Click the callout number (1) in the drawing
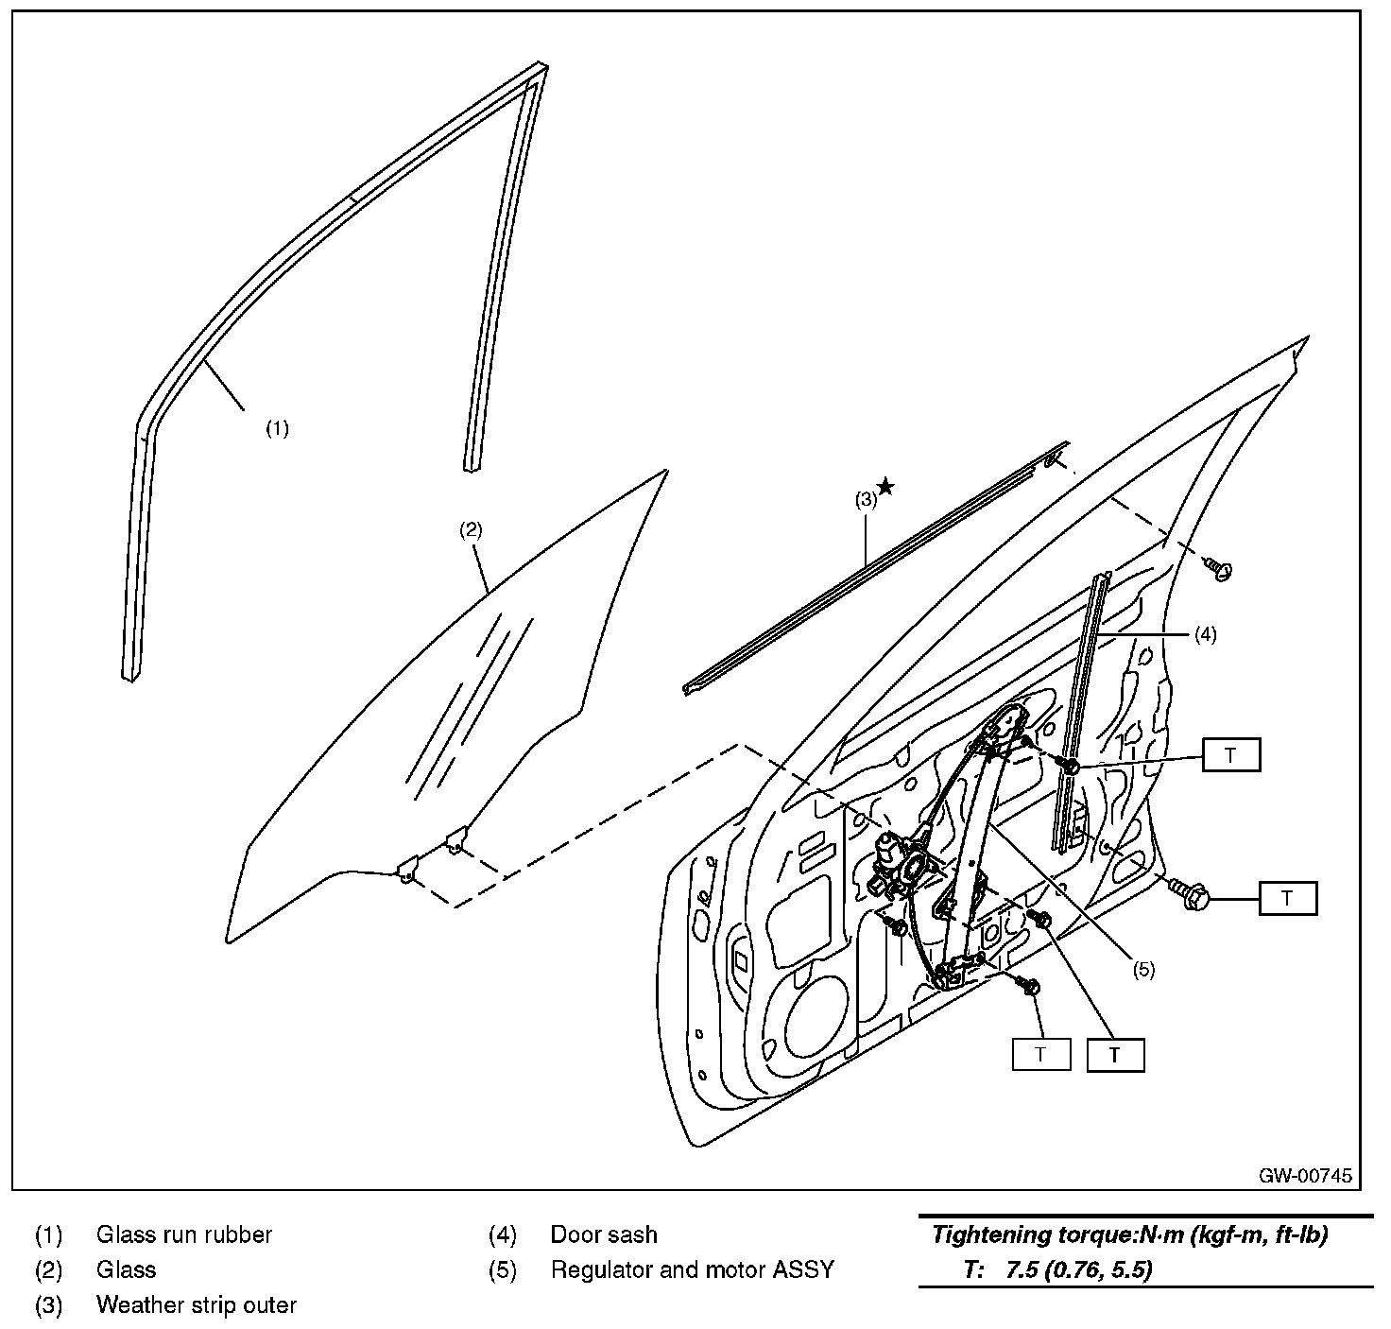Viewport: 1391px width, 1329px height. pos(276,428)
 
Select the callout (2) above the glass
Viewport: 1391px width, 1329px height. pos(471,529)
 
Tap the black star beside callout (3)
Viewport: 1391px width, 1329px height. pos(885,486)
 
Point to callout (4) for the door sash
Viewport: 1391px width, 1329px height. pos(1204,634)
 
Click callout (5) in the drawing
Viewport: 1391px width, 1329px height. pos(1143,969)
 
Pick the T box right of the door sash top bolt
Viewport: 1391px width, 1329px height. pos(1230,755)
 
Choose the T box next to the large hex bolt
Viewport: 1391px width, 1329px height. pos(1287,898)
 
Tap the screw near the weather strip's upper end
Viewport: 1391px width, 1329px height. pos(1220,569)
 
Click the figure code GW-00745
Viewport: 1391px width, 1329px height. pos(1304,1176)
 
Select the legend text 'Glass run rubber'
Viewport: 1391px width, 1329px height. pos(184,1234)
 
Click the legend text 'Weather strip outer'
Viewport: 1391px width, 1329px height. pos(197,1305)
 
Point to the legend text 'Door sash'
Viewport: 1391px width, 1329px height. pos(604,1234)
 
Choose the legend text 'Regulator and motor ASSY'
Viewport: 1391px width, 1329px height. pos(693,1269)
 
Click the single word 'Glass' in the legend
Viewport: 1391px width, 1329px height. pos(127,1269)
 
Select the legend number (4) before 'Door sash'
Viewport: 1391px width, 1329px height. pos(502,1234)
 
